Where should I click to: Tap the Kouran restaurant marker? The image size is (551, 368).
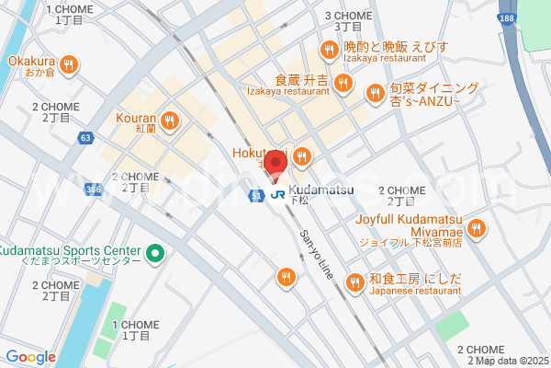pyautogui.click(x=169, y=121)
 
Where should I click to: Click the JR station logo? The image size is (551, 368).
pyautogui.click(x=277, y=194)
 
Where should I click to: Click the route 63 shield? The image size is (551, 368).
pyautogui.click(x=85, y=138)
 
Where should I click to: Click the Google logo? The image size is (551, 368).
pyautogui.click(x=30, y=357)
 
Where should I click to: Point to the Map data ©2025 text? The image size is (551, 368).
pyautogui.click(x=509, y=360)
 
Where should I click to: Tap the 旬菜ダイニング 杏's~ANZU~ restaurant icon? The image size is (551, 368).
pyautogui.click(x=375, y=93)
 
